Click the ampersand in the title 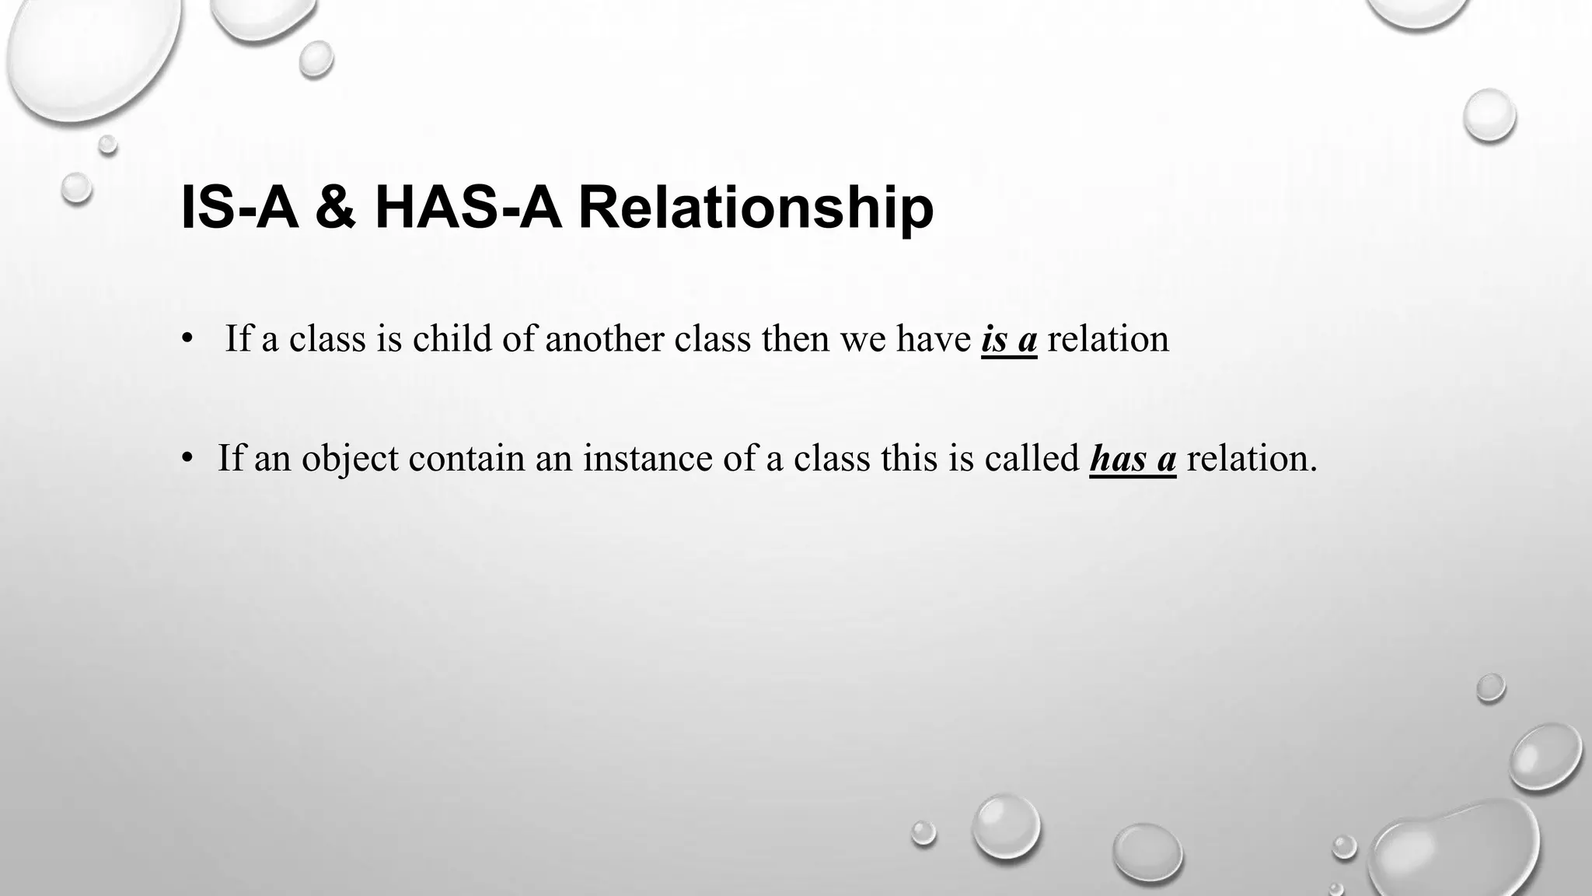pyautogui.click(x=336, y=208)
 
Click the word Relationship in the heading pyautogui.click(x=756, y=208)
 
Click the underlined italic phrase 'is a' pyautogui.click(x=1009, y=340)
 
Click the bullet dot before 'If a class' pyautogui.click(x=187, y=340)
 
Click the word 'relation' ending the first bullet pyautogui.click(x=1108, y=340)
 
